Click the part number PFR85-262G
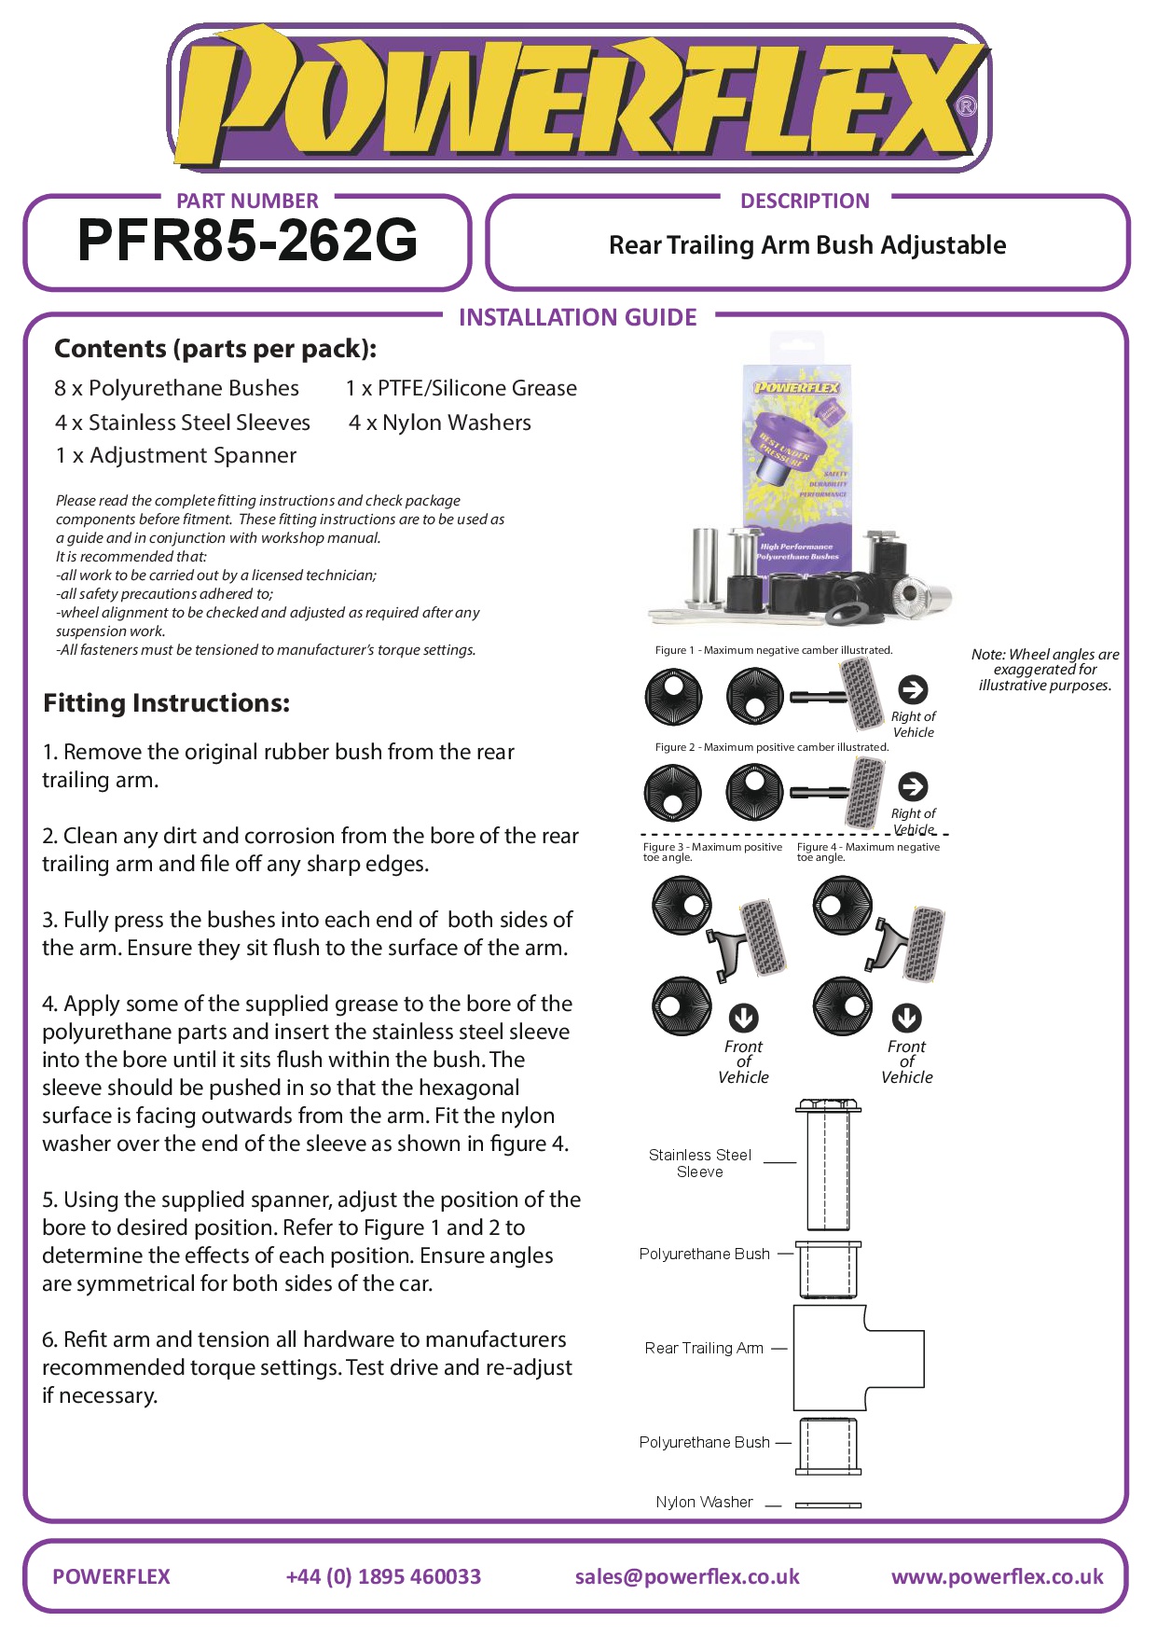click(247, 241)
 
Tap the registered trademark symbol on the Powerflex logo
click(967, 106)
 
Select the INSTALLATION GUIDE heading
click(577, 318)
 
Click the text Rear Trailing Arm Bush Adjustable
click(806, 245)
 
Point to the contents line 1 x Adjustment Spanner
click(175, 455)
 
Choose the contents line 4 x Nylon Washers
click(439, 423)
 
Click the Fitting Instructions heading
click(166, 703)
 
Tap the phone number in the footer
click(383, 1576)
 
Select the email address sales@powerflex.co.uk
click(687, 1576)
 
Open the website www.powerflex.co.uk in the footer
click(997, 1576)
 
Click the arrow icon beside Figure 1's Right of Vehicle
click(913, 689)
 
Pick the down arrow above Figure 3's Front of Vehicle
click(743, 1017)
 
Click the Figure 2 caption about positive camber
click(772, 747)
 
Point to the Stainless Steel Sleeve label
click(700, 1163)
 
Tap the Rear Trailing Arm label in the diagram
click(704, 1348)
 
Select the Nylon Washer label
click(704, 1502)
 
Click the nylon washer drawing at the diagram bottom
click(828, 1504)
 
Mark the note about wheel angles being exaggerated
click(1044, 670)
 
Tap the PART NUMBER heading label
click(247, 201)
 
